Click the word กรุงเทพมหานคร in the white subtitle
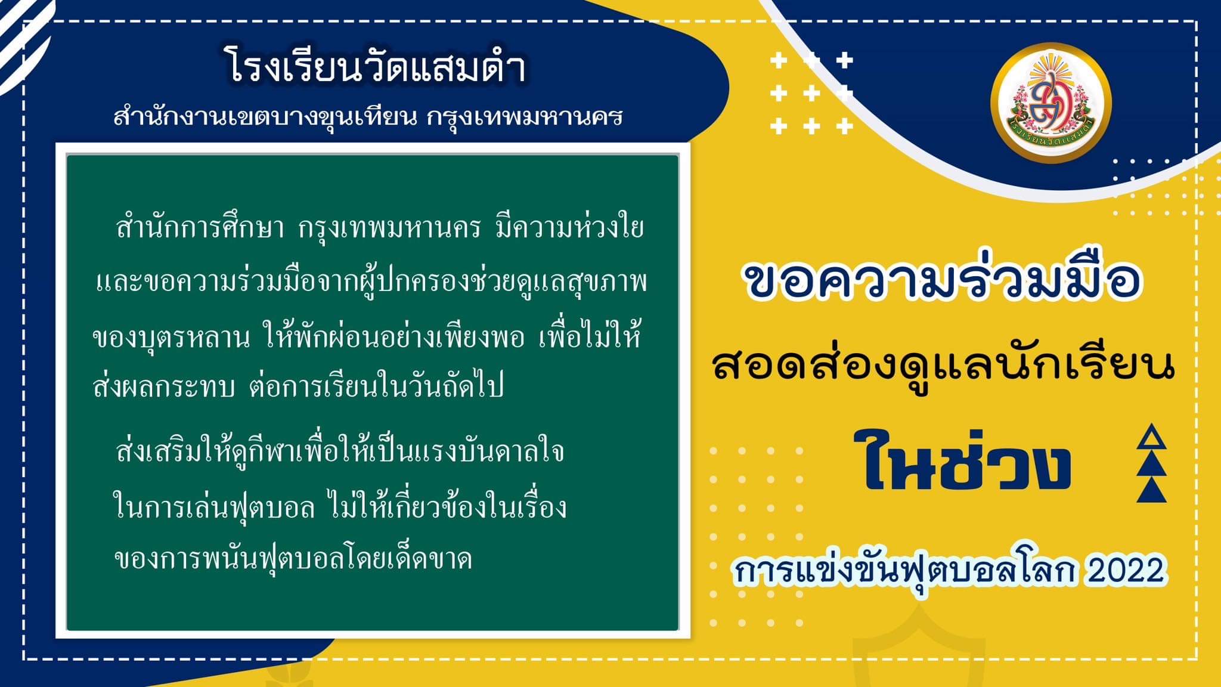[525, 117]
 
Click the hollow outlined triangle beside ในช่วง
[1151, 438]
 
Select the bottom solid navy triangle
[1151, 490]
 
